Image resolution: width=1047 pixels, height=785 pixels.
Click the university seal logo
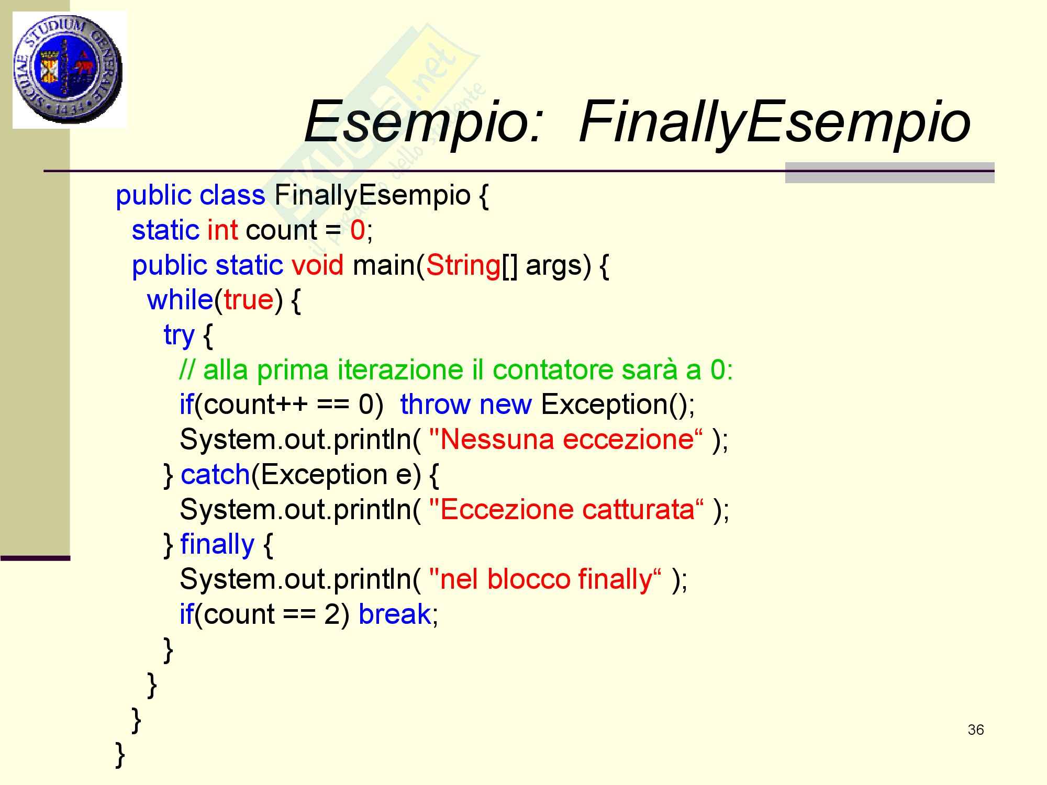(x=69, y=70)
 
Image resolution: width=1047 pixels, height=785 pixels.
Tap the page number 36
(x=976, y=730)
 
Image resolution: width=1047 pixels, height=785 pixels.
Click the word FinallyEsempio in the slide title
(x=775, y=122)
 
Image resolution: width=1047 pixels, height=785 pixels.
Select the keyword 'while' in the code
(x=180, y=299)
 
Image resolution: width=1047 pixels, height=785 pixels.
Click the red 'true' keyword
(x=249, y=300)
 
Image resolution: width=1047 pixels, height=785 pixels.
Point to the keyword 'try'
(x=179, y=335)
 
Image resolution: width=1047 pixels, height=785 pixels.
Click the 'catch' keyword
(x=215, y=474)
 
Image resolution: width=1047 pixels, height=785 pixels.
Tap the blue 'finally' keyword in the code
(x=217, y=544)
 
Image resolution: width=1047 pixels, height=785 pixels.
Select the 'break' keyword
(x=395, y=613)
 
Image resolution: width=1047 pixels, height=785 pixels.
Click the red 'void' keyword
(x=318, y=265)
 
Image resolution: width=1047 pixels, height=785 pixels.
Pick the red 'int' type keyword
(x=222, y=230)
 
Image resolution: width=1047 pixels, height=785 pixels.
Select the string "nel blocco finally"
(x=545, y=579)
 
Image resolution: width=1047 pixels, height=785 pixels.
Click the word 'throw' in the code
(x=436, y=405)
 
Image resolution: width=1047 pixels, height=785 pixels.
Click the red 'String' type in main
(x=463, y=265)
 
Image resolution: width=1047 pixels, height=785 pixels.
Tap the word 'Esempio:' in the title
(x=422, y=122)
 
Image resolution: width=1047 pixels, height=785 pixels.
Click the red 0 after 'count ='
(x=358, y=230)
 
